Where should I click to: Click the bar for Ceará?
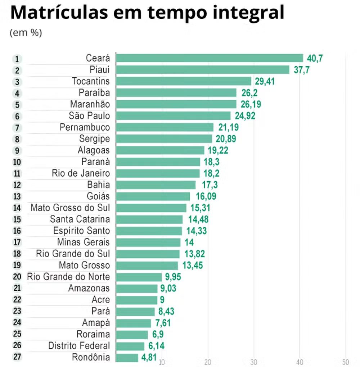[210, 58]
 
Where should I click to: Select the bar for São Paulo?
[173, 116]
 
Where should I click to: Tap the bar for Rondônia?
[127, 358]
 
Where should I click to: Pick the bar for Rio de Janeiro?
[158, 173]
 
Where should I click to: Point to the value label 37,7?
[302, 70]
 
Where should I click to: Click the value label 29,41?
[265, 81]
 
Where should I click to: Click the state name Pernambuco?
[85, 127]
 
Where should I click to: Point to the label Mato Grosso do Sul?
[70, 208]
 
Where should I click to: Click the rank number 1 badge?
[17, 59]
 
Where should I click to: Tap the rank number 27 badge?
[17, 358]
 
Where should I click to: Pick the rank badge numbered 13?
[17, 196]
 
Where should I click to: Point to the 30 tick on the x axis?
[254, 362]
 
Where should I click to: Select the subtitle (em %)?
[26, 33]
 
